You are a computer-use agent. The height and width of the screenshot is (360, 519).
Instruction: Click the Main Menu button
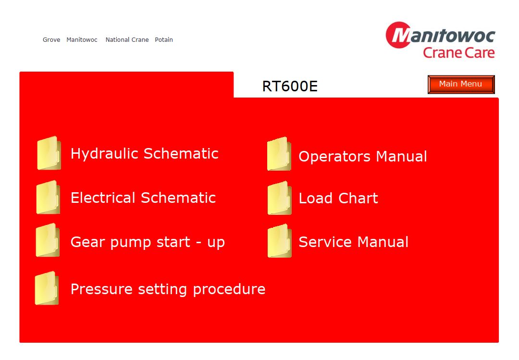pos(461,84)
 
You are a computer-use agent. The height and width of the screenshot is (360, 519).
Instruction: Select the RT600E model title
pos(290,87)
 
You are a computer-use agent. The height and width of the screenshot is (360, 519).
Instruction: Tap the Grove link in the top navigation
pos(51,40)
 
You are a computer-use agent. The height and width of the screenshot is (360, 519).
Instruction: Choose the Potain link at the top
pos(164,40)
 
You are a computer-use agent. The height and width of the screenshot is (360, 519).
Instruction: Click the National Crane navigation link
pos(127,40)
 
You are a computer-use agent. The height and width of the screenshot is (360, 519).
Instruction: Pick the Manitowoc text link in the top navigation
pos(82,40)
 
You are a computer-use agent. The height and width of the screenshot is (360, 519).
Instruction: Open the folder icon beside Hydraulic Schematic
pos(49,153)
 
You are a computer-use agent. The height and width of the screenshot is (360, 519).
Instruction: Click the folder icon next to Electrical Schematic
pos(49,197)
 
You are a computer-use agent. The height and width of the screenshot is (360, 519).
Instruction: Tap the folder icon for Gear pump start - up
pos(48,240)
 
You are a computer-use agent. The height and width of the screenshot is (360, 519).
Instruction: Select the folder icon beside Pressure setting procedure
pos(47,288)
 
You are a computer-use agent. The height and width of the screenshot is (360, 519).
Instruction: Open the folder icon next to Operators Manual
pos(279,154)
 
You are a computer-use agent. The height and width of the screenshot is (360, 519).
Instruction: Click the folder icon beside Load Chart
pos(280,198)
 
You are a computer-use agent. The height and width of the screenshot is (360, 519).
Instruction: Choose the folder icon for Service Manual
pos(280,241)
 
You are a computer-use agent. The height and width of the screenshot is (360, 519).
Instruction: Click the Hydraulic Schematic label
pos(145,154)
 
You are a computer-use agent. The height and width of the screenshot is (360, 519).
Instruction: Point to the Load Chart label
pos(338,199)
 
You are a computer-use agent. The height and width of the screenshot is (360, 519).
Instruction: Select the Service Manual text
pos(354,242)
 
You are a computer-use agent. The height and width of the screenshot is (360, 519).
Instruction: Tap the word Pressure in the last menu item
pos(101,289)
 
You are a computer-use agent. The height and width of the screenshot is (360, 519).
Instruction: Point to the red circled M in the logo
pos(398,35)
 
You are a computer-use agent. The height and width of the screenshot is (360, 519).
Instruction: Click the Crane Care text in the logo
pos(459,53)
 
